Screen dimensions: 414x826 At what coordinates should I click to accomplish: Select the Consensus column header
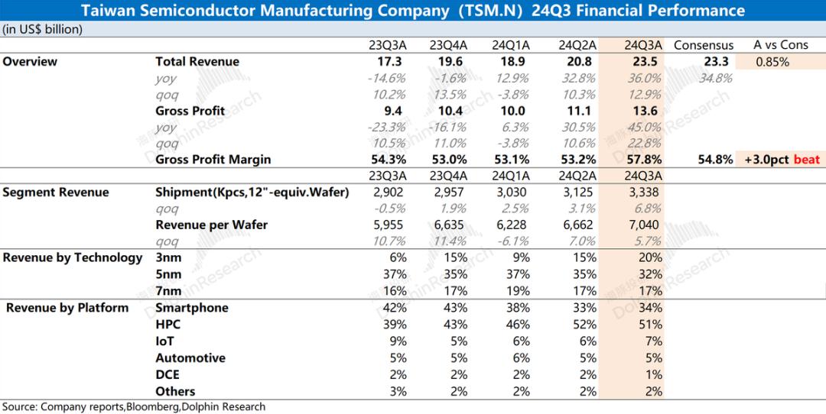[x=703, y=45]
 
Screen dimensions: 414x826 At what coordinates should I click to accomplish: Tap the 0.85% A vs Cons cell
[x=772, y=62]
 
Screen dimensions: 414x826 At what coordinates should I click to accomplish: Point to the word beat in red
[x=808, y=160]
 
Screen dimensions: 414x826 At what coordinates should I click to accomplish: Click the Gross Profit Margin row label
[x=213, y=160]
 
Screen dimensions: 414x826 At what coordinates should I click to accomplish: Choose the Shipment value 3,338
[x=642, y=192]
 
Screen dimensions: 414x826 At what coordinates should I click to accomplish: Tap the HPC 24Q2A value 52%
[x=582, y=325]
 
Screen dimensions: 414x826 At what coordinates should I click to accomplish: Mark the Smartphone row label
[x=192, y=308]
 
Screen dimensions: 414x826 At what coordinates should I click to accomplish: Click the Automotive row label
[x=190, y=357]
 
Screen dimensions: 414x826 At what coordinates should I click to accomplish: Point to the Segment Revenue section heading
[x=56, y=192]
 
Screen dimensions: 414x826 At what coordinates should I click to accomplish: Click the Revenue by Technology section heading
[x=73, y=258]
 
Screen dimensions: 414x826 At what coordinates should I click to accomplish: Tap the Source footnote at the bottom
[x=134, y=406]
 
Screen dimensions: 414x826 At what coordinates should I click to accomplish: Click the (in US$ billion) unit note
[x=43, y=29]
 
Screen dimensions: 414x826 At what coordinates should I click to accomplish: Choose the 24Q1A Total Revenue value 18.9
[x=517, y=62]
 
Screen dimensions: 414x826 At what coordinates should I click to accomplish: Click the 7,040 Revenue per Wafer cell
[x=642, y=225]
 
